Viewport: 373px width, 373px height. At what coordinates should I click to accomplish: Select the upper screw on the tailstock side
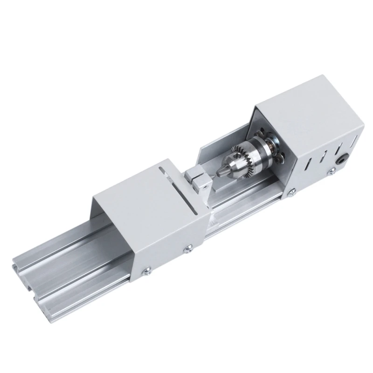[189, 248]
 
